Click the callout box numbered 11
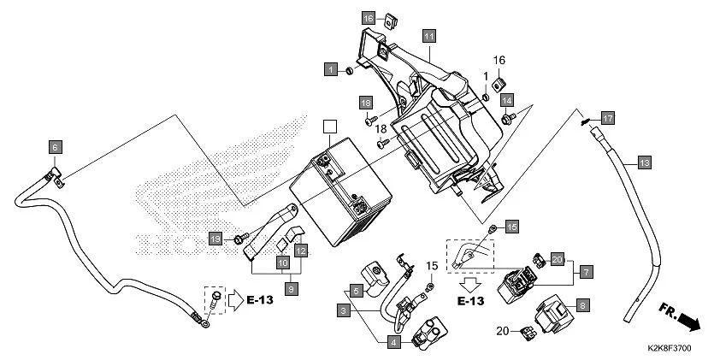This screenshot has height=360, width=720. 428,36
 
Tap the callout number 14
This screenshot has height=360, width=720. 506,99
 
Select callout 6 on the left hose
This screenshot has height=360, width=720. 54,146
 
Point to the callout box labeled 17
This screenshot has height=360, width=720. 607,117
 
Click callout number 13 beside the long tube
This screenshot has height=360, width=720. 644,162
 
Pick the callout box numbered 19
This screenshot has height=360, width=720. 215,239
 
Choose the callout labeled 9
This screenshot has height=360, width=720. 292,290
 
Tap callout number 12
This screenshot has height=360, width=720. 301,251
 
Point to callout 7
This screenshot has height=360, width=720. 586,272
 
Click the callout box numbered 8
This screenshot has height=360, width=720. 582,304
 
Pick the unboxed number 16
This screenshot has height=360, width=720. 500,60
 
